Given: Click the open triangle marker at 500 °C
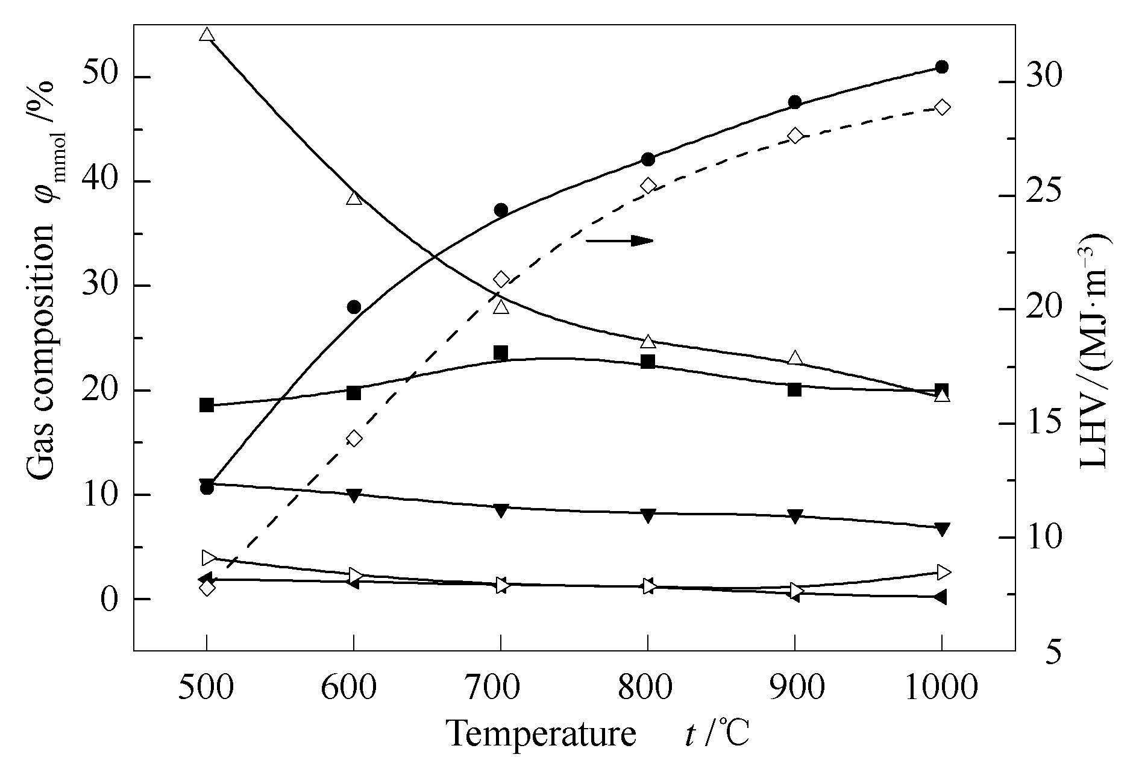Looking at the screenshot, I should coord(207,35).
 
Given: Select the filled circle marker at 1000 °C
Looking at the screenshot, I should coord(941,67).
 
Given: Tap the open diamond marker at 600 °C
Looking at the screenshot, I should coord(354,438).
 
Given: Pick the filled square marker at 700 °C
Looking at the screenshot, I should coord(501,353).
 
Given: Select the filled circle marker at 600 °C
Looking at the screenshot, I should coord(354,307).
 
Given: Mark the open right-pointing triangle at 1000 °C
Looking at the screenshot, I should coord(943,572).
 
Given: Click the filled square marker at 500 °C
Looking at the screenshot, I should coord(207,405).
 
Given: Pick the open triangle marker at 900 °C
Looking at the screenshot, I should coord(795,358).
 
